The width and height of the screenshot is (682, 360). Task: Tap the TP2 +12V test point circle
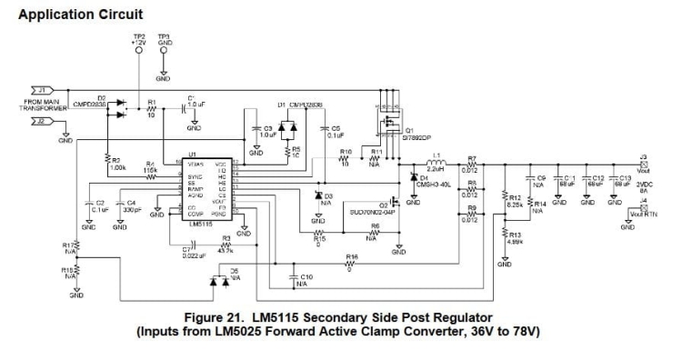137,52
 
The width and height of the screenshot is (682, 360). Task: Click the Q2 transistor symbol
396,203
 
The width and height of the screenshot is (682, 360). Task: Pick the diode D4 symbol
415,176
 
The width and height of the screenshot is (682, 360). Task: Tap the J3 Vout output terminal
642,165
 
